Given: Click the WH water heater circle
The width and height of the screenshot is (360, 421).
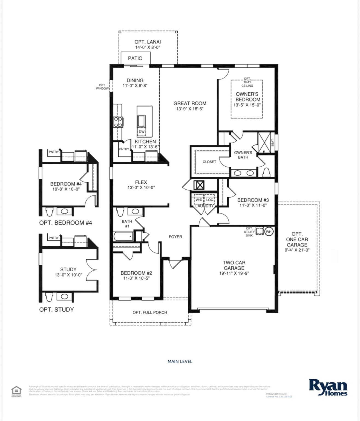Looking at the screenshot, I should (x=269, y=231).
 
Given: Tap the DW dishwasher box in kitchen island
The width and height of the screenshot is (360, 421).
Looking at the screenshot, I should (x=142, y=132).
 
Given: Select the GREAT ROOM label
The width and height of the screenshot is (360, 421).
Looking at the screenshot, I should (x=190, y=103).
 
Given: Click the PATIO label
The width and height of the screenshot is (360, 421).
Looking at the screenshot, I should (x=135, y=58).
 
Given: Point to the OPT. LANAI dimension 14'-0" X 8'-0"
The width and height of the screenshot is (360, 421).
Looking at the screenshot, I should (x=148, y=47).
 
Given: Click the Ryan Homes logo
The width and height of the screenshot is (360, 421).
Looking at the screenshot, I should (x=328, y=387).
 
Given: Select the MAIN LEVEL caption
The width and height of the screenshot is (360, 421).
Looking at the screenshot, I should (x=180, y=361).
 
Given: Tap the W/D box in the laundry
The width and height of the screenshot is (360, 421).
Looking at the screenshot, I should (x=199, y=200).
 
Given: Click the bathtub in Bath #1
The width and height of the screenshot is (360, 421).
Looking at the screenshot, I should (x=123, y=236).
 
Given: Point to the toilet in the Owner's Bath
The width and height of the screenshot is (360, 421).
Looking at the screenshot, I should (x=266, y=172).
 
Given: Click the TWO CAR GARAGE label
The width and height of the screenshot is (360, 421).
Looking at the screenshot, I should (x=234, y=265).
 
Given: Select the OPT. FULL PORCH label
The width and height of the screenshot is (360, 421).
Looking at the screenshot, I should (x=150, y=312).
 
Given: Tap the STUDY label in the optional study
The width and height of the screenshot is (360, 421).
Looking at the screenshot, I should (x=68, y=269).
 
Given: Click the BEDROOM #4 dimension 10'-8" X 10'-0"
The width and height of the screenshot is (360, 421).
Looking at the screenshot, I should (x=66, y=189).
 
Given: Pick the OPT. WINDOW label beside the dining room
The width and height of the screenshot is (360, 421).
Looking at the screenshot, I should (x=102, y=87).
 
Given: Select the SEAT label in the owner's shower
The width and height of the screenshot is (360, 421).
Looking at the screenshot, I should (x=272, y=143).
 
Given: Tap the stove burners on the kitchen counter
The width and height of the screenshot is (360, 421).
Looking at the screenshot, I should (x=118, y=122).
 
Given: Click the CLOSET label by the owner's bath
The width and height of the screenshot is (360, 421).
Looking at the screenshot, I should (x=209, y=162).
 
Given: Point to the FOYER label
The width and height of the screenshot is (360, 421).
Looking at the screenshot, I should (x=175, y=237).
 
